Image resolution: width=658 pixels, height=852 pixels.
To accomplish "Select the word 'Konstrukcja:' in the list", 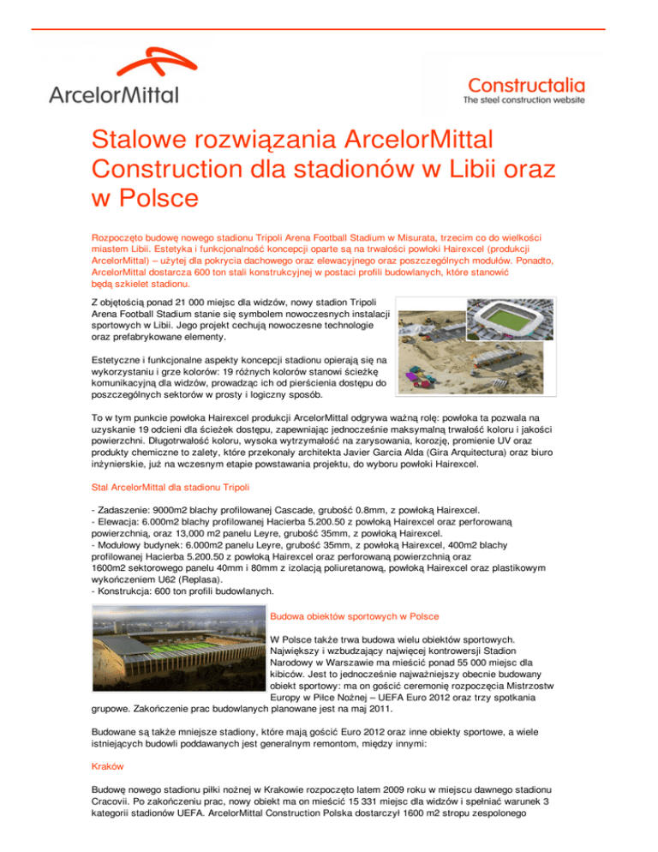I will coord(129,591).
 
